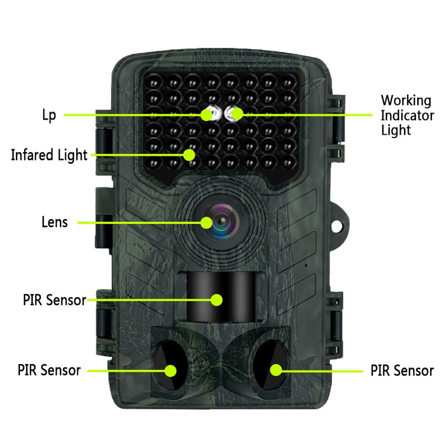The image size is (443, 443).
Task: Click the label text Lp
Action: tap(49, 116)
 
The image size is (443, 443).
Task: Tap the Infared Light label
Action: tap(49, 155)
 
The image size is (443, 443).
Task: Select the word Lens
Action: tap(55, 222)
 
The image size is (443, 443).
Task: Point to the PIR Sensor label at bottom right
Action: tap(402, 370)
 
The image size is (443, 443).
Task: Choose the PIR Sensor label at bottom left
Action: tap(50, 370)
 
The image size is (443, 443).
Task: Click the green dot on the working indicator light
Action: tap(237, 114)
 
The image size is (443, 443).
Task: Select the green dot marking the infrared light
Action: tap(190, 154)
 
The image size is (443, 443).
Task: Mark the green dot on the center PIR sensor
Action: tap(216, 300)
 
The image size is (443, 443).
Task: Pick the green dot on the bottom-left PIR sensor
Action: tap(171, 370)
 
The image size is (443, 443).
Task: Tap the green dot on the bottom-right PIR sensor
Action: tap(276, 369)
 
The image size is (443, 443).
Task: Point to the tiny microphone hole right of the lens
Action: tap(306, 265)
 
